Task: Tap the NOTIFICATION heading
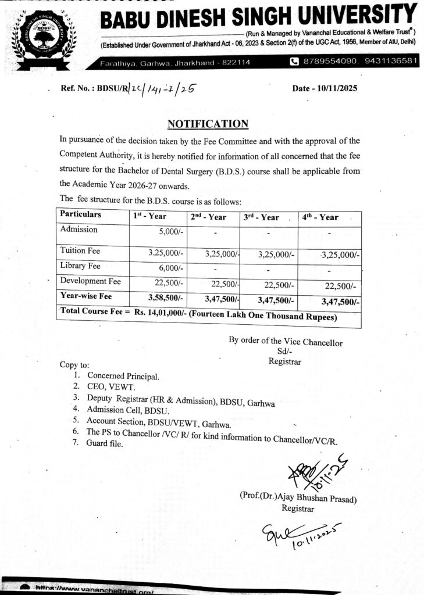[208, 124]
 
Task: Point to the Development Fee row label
[91, 281]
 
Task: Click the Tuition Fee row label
[81, 250]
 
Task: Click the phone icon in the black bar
[294, 62]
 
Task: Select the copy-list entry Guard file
[105, 443]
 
